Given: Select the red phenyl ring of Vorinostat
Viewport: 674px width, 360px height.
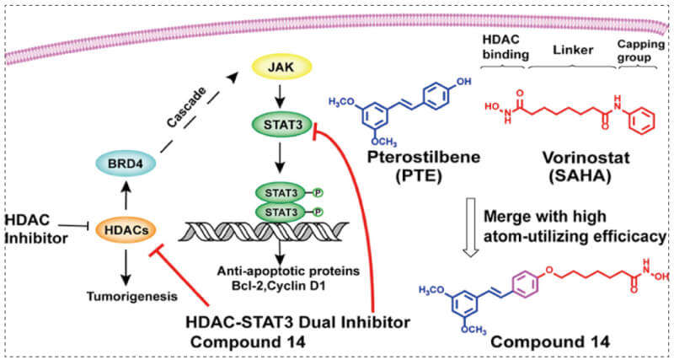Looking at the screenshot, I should pyautogui.click(x=641, y=118).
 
